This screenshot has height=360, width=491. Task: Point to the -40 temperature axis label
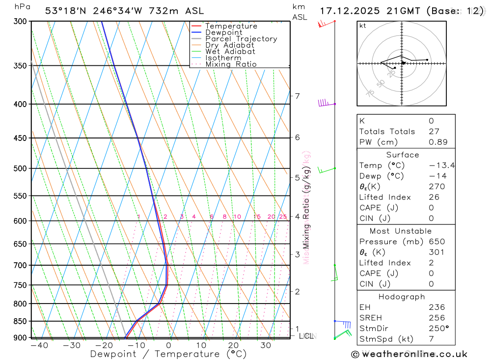(39, 345)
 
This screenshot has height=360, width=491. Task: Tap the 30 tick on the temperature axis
(266, 345)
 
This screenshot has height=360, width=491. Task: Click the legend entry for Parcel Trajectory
(241, 39)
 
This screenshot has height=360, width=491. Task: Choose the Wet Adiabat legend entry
(230, 52)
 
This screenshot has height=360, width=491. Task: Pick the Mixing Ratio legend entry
(231, 64)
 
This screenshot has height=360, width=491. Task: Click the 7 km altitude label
(297, 96)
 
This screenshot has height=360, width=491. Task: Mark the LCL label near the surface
(306, 336)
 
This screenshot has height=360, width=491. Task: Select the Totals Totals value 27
(434, 132)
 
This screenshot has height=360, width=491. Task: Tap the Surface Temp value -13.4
(441, 166)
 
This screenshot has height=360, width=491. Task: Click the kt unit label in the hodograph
(363, 26)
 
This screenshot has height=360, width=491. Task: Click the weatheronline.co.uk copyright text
(409, 354)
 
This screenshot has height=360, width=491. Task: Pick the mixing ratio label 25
(283, 217)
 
